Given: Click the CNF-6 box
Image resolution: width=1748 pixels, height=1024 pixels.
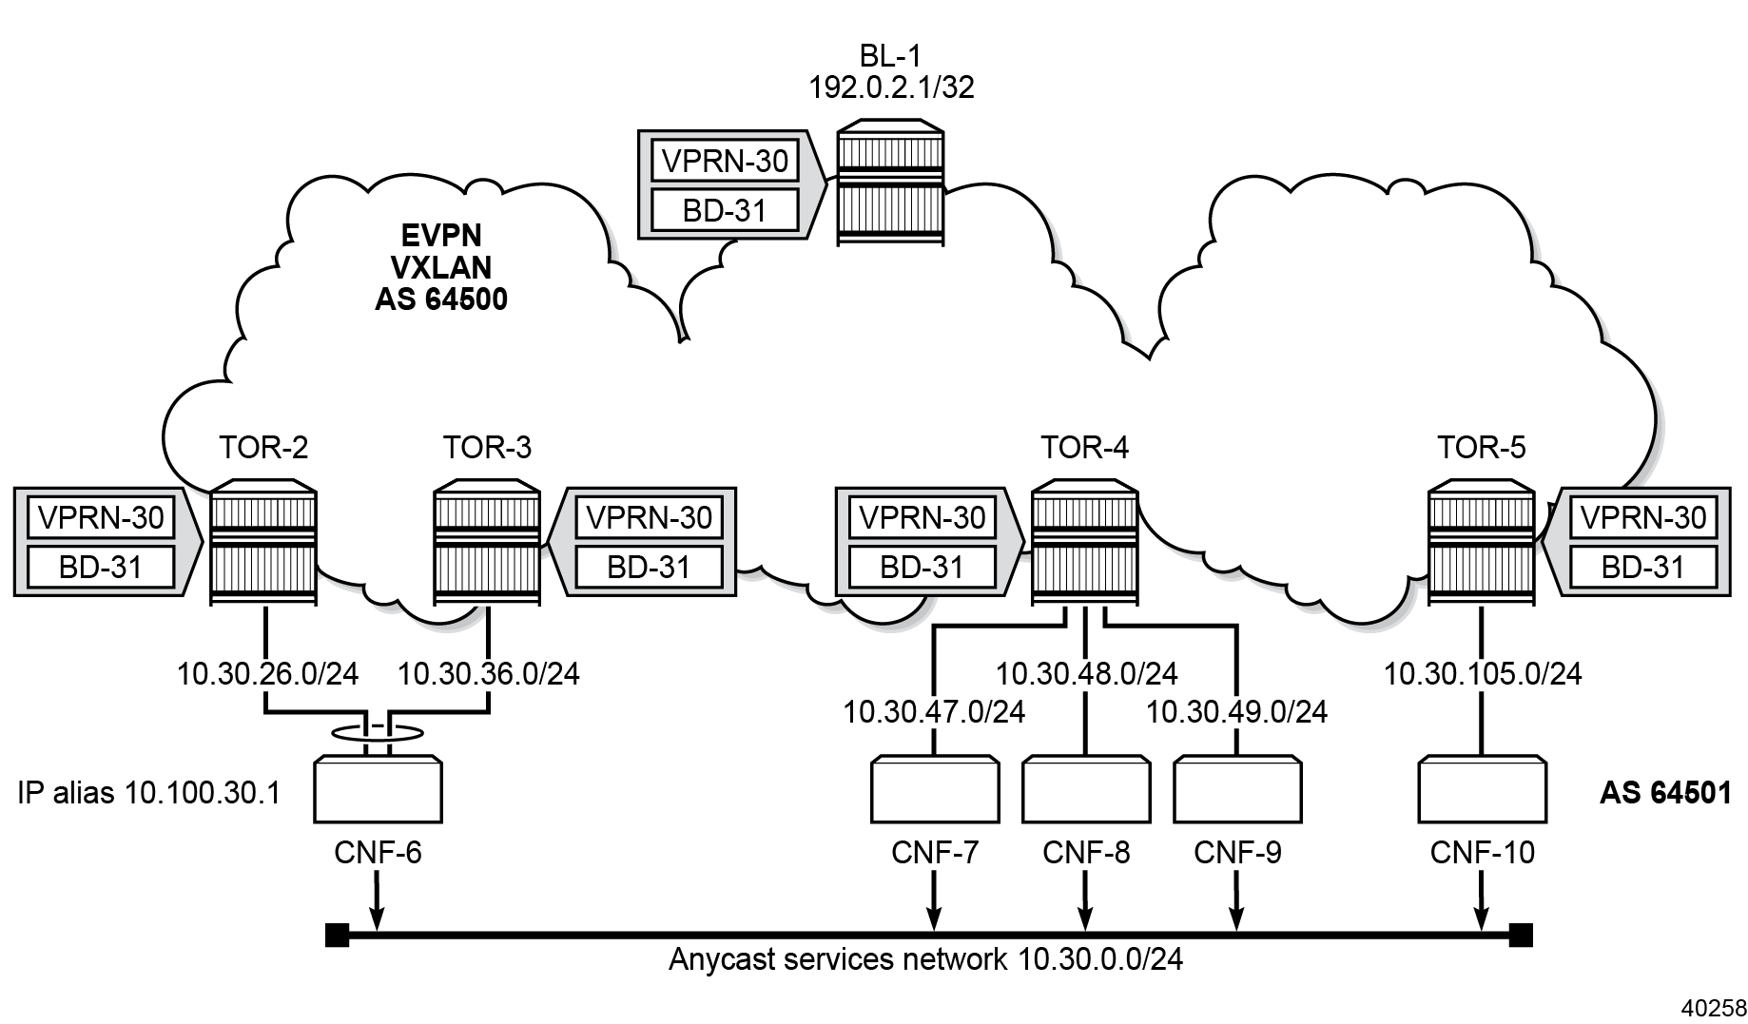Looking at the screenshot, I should (378, 789).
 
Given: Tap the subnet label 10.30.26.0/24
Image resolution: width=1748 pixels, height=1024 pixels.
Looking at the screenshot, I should (267, 674).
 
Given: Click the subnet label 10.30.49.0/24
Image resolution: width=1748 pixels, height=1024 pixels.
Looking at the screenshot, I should (1236, 711).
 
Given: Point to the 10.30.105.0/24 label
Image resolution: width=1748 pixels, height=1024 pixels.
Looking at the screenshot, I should (1482, 674).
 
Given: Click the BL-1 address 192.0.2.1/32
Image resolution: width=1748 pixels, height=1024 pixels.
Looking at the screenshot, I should (891, 87).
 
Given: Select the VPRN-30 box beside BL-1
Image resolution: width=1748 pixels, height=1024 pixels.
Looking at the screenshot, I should (725, 161).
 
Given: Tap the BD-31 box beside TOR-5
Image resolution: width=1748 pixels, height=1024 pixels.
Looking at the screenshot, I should (1642, 568).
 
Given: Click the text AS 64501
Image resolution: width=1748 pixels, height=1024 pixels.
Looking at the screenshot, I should (1665, 793).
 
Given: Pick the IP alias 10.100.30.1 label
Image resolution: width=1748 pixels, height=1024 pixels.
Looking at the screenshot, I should (149, 793).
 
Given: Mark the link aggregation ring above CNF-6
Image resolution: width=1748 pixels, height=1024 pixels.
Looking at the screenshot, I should (378, 732).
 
